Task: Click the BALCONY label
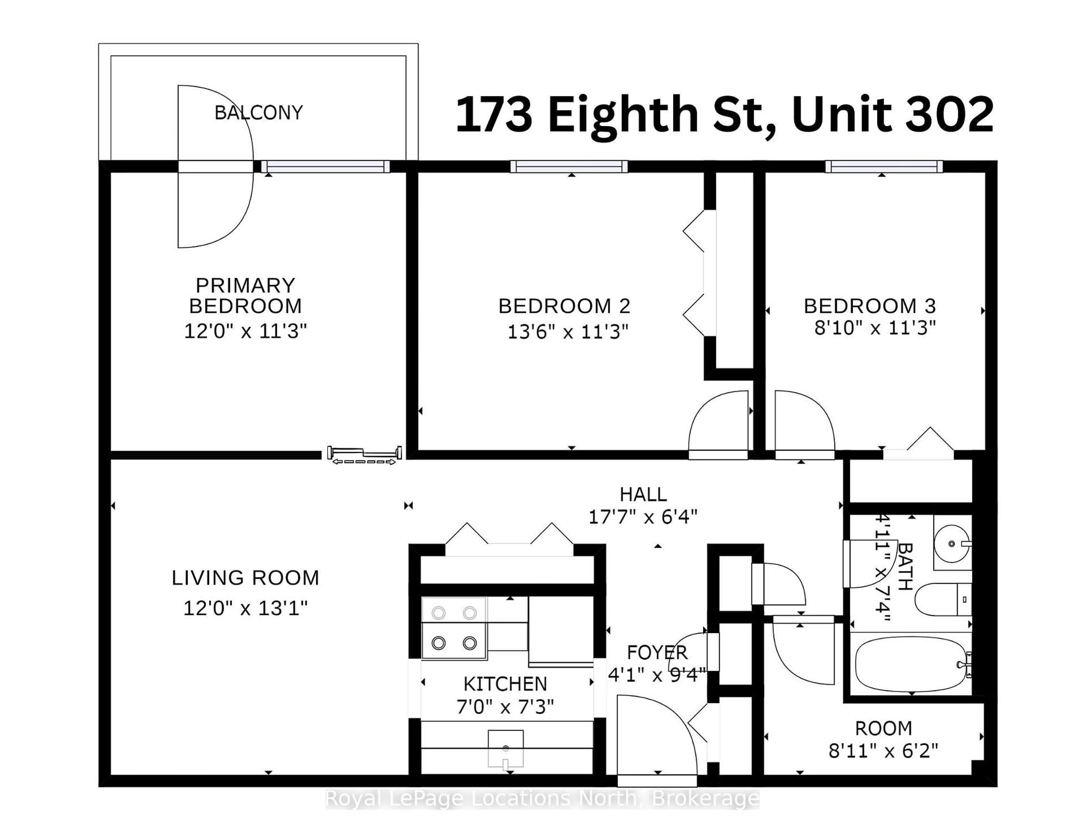point(258,113)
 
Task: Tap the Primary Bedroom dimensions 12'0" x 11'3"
point(246,331)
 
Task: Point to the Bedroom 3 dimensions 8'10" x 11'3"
point(875,328)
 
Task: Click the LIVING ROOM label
point(246,578)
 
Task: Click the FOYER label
point(657,652)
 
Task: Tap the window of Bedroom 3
point(884,166)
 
